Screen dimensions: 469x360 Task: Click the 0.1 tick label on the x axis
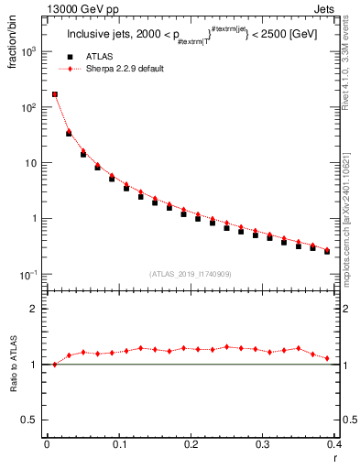tap(118, 444)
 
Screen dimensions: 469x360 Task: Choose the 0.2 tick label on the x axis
tap(191, 444)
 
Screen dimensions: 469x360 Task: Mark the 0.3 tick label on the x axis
tap(263, 444)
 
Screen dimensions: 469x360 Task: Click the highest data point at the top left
tap(55, 94)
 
